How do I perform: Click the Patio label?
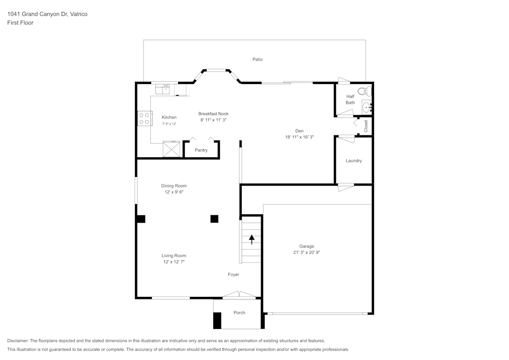click(x=258, y=60)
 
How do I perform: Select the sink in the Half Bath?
click(x=367, y=107)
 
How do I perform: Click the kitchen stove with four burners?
click(x=144, y=119)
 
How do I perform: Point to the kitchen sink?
click(x=163, y=90)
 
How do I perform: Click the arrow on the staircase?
click(x=251, y=238)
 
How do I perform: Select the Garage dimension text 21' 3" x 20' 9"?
click(x=306, y=252)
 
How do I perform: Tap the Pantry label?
click(x=201, y=150)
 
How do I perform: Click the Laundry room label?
click(x=354, y=161)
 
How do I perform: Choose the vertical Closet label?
click(x=366, y=126)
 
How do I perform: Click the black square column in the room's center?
click(x=214, y=219)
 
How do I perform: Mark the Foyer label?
click(x=233, y=274)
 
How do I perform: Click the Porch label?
click(x=239, y=313)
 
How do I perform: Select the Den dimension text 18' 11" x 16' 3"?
click(x=299, y=137)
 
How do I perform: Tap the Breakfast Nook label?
click(x=213, y=114)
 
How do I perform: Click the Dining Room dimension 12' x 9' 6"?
click(x=174, y=192)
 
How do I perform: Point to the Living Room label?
click(x=174, y=256)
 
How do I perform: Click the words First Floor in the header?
click(x=20, y=23)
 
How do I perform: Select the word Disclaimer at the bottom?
click(x=18, y=341)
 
